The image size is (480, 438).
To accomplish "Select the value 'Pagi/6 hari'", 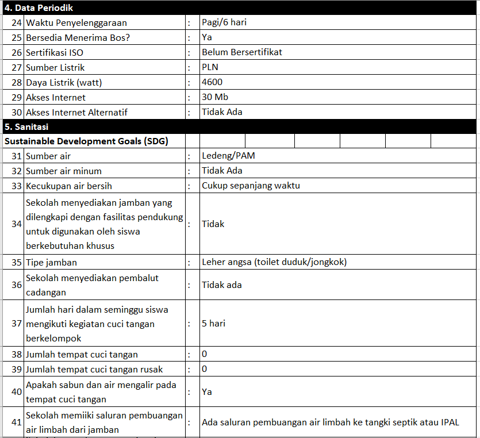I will (224, 23).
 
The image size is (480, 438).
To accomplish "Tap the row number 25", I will (17, 38).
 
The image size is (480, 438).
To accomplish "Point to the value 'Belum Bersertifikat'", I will (242, 52).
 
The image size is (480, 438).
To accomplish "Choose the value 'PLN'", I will (210, 67).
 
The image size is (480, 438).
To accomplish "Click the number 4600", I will (212, 82).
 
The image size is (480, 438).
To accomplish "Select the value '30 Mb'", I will (215, 97).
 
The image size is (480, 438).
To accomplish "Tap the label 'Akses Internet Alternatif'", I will (76, 112).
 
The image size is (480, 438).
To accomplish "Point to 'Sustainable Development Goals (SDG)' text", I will (86, 141).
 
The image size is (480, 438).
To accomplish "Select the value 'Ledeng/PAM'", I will (228, 156).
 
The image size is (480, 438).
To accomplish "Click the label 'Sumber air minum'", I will (64, 171).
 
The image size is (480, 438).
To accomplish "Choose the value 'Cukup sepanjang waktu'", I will (251, 186).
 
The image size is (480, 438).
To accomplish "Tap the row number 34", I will (17, 224).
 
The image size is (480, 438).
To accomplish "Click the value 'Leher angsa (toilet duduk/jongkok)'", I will (274, 262).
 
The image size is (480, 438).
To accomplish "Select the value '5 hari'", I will (213, 324).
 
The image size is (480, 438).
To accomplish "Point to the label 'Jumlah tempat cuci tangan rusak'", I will (94, 369).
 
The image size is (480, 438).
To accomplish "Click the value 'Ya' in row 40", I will (207, 391).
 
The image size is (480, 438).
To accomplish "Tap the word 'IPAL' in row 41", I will (450, 422).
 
